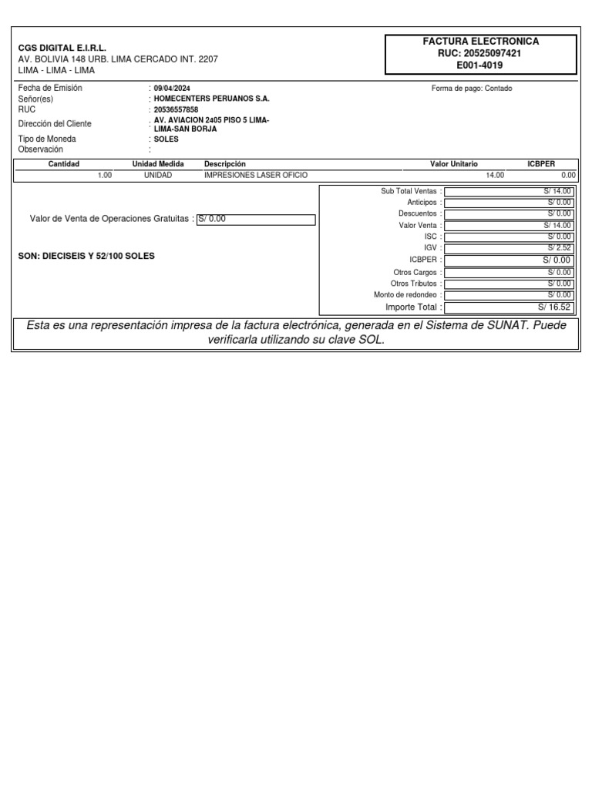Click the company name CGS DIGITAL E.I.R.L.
coord(62,48)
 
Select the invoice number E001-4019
coord(479,65)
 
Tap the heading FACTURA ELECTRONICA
coord(480,41)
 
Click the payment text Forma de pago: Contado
coord(472,89)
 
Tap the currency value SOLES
coord(166,139)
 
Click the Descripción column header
coord(224,164)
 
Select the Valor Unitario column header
coord(453,164)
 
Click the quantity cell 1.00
coord(104,176)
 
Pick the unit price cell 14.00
coord(494,176)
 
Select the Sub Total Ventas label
coord(409,190)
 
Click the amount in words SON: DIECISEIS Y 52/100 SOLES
coord(86,256)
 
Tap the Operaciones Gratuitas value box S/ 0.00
coord(256,219)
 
